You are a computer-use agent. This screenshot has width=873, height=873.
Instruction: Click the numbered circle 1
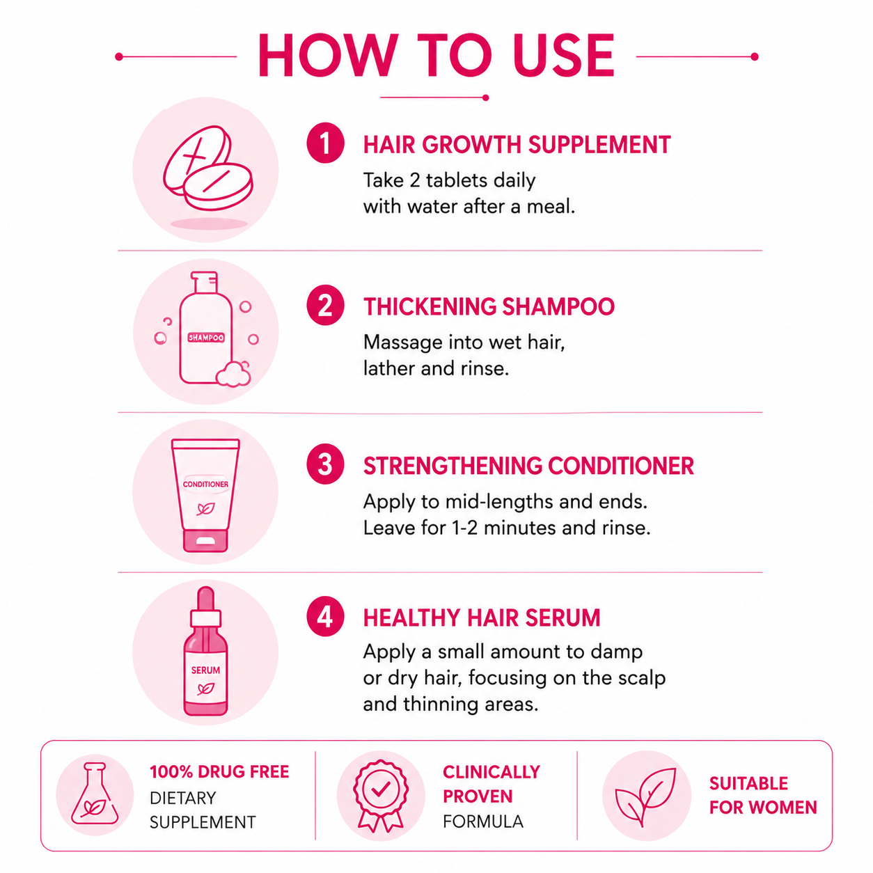click(325, 143)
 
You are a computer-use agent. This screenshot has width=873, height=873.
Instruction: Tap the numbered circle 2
click(325, 305)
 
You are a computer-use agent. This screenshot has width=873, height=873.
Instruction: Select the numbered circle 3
click(325, 464)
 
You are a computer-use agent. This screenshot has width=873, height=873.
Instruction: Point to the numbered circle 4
click(325, 617)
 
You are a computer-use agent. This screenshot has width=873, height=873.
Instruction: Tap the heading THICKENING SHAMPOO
click(489, 307)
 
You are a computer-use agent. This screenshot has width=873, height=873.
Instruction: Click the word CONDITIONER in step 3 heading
click(621, 466)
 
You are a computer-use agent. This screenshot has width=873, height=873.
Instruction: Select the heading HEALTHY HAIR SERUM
click(482, 618)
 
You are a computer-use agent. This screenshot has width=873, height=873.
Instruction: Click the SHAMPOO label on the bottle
click(206, 338)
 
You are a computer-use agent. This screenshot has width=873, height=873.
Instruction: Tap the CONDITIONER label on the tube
click(205, 485)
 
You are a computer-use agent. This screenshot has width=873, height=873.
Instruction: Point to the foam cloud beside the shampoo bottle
click(234, 374)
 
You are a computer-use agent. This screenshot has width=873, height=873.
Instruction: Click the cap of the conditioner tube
click(205, 540)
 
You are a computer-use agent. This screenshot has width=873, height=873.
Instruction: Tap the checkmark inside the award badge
click(381, 789)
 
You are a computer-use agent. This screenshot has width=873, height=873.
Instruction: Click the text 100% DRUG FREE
click(219, 772)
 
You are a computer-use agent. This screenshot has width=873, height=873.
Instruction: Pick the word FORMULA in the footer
click(483, 821)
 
